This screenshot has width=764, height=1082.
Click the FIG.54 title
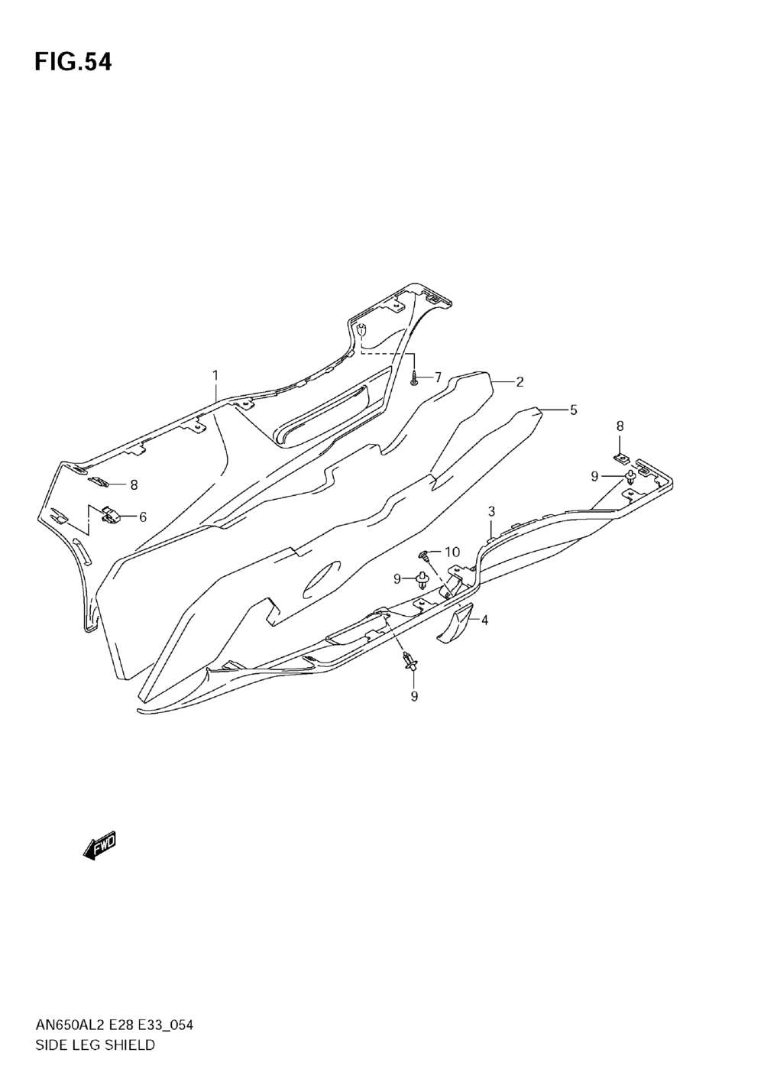[x=73, y=63]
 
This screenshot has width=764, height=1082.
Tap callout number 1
[x=215, y=375]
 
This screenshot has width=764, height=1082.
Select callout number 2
[x=519, y=381]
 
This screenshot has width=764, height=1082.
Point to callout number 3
[x=491, y=510]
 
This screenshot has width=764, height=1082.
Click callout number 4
[x=484, y=620]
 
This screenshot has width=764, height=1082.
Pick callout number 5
[x=573, y=410]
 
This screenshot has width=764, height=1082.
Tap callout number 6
[x=142, y=517]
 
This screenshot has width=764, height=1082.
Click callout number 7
[x=438, y=377]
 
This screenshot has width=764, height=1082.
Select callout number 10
[x=452, y=552]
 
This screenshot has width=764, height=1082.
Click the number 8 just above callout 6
[x=134, y=484]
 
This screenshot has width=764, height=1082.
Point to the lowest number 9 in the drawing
[x=414, y=696]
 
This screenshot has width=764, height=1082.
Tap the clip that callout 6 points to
[x=112, y=517]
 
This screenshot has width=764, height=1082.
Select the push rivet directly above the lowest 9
[x=411, y=661]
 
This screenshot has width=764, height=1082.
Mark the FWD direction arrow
[x=99, y=847]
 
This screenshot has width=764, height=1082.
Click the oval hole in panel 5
[x=322, y=580]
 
